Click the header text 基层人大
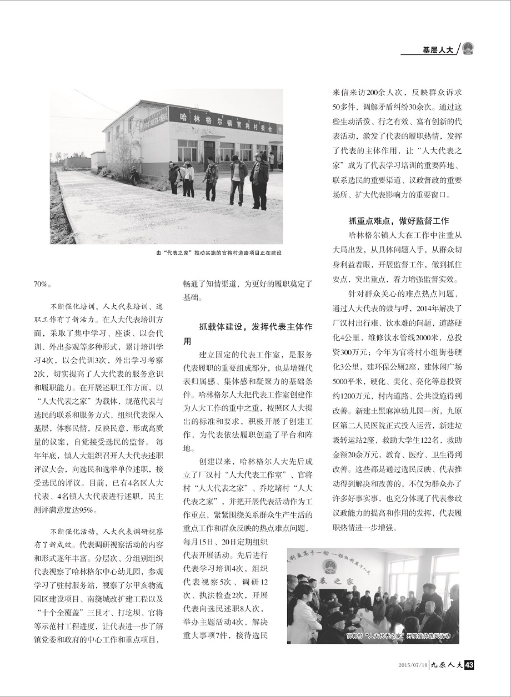437,49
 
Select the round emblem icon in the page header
468,48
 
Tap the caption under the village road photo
219,253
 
